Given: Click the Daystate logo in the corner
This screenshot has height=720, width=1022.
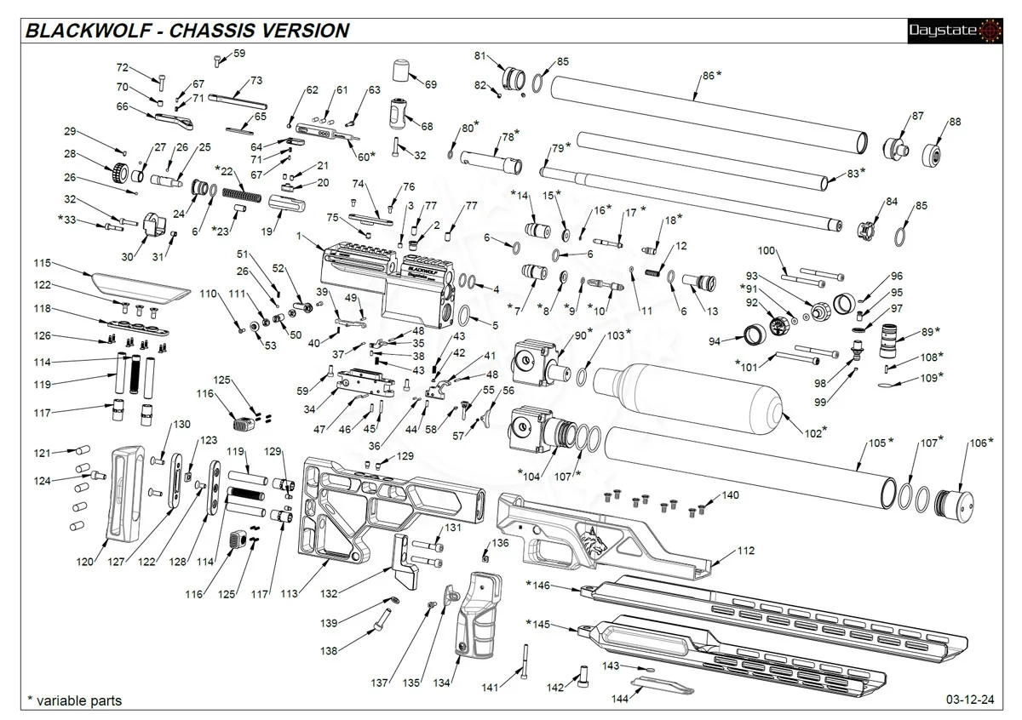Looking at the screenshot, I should tap(955, 31).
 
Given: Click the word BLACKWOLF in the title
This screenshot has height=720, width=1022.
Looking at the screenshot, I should tap(89, 31).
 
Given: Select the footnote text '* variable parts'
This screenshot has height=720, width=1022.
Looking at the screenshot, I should tap(74, 701).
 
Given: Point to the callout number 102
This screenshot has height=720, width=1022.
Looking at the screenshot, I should tap(812, 433).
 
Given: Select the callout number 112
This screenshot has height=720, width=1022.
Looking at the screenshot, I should tap(745, 551).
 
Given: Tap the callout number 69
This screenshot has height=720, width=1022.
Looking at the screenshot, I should tap(430, 84).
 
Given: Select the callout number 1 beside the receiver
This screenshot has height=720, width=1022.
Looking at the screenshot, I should tap(299, 235).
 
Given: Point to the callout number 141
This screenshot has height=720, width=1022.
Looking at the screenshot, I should tap(489, 687).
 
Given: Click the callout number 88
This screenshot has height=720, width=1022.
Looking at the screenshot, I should tap(955, 123).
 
